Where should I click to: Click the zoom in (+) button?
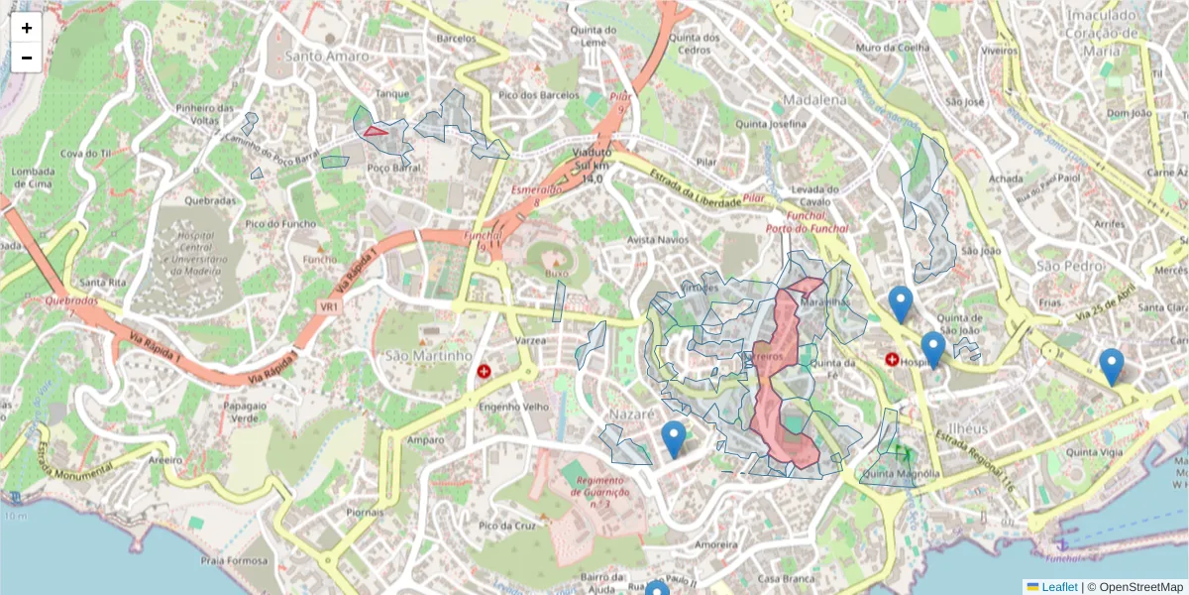click(x=27, y=28)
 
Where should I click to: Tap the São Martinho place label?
click(x=428, y=355)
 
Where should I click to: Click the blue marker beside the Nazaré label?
click(x=674, y=438)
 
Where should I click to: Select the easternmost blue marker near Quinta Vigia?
click(x=1112, y=366)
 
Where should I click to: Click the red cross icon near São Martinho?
click(x=485, y=372)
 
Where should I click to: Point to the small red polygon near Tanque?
click(x=376, y=130)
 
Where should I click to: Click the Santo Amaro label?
click(x=327, y=56)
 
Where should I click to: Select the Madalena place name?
click(x=814, y=100)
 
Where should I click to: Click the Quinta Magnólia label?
click(x=901, y=474)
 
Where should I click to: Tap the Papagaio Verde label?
click(x=246, y=412)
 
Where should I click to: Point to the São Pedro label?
click(x=1070, y=266)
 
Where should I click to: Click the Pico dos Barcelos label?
click(x=539, y=94)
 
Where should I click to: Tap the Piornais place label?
click(x=365, y=513)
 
